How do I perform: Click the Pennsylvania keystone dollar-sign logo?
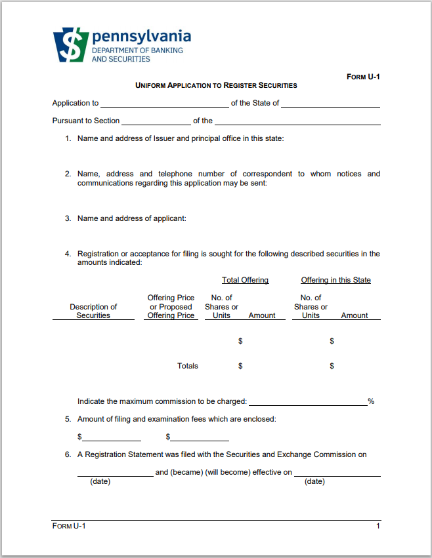click(70, 45)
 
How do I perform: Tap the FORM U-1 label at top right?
click(363, 77)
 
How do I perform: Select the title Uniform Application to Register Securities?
click(216, 85)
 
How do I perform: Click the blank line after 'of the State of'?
click(330, 104)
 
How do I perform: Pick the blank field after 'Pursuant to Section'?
click(156, 121)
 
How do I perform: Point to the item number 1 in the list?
click(68, 138)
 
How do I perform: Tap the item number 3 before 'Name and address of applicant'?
click(68, 218)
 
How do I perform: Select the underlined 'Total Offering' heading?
click(245, 280)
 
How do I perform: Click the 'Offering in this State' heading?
click(335, 280)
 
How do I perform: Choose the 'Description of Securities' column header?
click(93, 311)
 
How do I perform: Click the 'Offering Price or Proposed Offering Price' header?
click(171, 306)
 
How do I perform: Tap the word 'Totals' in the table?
click(187, 366)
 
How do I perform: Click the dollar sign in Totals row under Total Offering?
click(240, 366)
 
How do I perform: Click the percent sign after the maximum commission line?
click(371, 401)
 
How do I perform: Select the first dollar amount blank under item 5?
click(111, 437)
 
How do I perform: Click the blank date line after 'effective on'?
click(337, 473)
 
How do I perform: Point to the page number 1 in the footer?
click(378, 526)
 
